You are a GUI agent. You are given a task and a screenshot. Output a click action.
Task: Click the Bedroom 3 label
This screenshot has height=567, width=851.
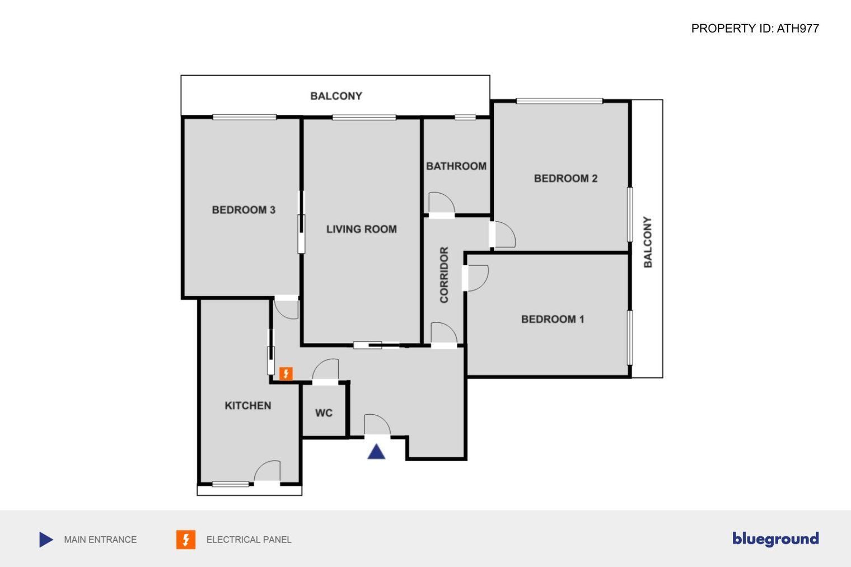(x=244, y=210)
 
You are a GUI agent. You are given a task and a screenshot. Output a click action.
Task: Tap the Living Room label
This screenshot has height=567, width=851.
(x=362, y=229)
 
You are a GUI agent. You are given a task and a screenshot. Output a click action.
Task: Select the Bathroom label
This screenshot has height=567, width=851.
(x=456, y=166)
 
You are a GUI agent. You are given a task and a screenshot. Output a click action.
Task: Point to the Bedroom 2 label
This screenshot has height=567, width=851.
(x=565, y=179)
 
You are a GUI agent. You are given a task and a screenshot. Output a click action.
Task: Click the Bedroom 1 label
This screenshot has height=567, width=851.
(x=553, y=320)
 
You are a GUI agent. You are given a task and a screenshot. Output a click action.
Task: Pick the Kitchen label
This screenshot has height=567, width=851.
(x=248, y=406)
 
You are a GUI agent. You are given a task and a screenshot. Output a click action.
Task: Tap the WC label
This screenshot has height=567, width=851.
(x=324, y=413)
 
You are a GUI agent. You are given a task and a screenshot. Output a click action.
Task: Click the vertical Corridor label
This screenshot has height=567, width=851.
(x=444, y=275)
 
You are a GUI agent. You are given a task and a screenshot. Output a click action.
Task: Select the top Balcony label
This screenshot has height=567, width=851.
(x=336, y=96)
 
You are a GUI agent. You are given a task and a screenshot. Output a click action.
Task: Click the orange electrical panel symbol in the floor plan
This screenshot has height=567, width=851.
(x=286, y=374)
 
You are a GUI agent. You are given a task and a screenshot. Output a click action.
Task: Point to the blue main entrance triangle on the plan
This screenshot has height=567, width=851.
(x=376, y=452)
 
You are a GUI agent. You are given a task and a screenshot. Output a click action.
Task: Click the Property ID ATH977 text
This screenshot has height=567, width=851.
(x=755, y=29)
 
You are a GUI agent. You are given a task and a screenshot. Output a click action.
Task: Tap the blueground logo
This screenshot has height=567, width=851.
(x=775, y=539)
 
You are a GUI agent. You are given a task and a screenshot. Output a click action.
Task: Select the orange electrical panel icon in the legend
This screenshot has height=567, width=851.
(x=186, y=540)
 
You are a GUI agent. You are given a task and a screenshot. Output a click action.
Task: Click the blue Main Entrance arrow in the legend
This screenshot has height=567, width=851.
(x=46, y=540)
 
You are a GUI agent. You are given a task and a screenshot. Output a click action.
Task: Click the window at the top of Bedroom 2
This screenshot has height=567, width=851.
(x=559, y=101)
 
